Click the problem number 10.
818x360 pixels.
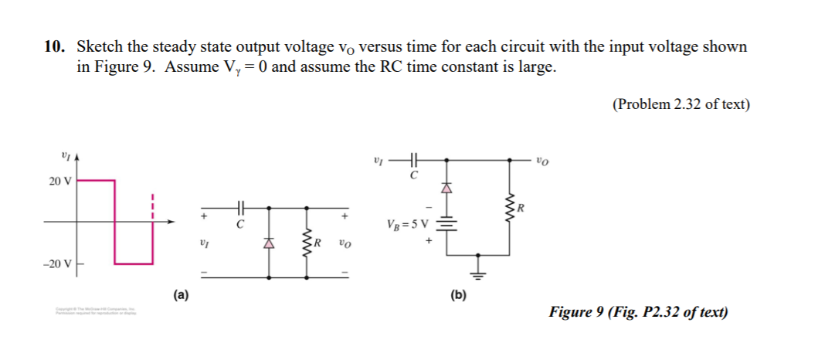[54, 47]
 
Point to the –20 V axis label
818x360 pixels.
[57, 264]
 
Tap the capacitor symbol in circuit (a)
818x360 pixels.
[241, 209]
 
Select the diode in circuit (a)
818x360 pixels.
[269, 243]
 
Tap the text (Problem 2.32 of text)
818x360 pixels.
[681, 105]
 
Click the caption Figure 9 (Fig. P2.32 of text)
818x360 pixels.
[638, 312]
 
